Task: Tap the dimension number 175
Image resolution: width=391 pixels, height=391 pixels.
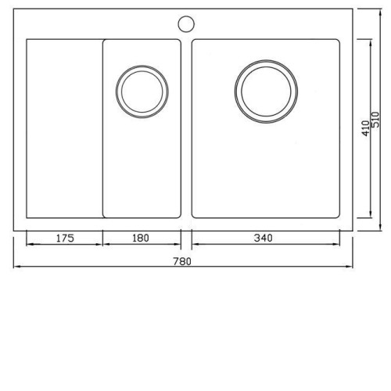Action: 65,238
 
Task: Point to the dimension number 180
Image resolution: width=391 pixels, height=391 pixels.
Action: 141,238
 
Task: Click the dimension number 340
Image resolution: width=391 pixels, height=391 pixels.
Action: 264,238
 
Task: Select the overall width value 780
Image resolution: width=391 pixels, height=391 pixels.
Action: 182,261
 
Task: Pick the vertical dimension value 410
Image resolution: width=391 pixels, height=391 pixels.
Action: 366,128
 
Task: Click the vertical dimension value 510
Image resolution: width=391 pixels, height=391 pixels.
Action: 375,120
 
